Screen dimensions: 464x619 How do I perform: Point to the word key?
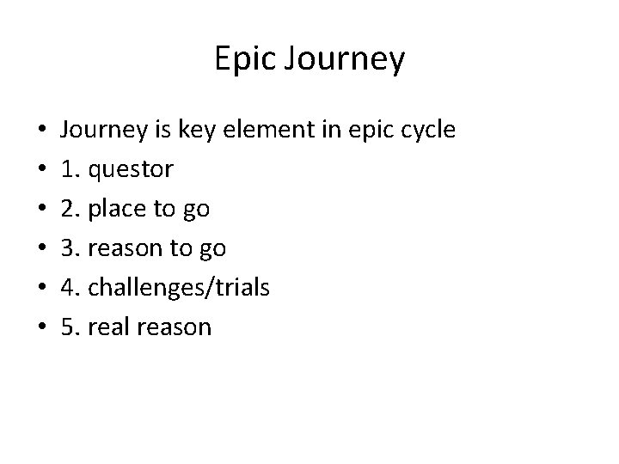click(x=193, y=131)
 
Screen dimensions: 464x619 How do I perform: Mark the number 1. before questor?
click(x=70, y=170)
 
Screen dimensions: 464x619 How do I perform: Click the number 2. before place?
click(x=70, y=209)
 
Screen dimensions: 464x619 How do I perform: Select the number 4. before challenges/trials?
click(x=70, y=287)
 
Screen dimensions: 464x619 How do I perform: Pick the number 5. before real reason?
click(x=70, y=327)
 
